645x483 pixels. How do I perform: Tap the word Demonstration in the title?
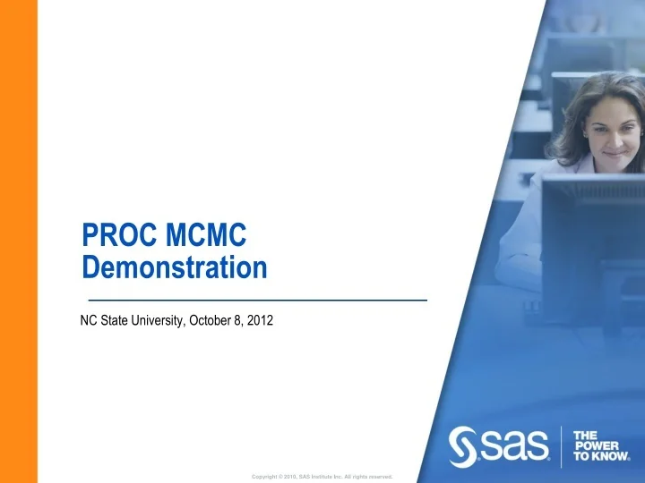pyautogui.click(x=174, y=267)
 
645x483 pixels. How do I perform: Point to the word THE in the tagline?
pyautogui.click(x=586, y=434)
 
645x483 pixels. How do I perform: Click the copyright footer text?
pyautogui.click(x=322, y=476)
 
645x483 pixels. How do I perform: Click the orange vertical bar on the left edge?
pyautogui.click(x=18, y=241)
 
